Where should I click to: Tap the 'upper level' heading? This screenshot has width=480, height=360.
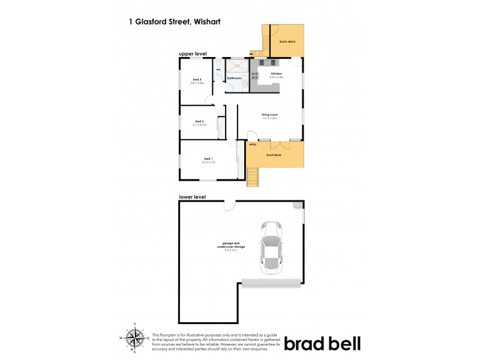(x=193, y=54)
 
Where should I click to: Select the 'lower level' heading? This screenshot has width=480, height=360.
(x=192, y=197)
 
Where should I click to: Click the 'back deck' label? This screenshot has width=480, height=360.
(x=288, y=41)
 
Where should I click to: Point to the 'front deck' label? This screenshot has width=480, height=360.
(x=274, y=155)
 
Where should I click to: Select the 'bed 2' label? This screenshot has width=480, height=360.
(x=199, y=122)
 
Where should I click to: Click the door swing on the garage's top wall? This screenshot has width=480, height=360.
(x=228, y=206)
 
